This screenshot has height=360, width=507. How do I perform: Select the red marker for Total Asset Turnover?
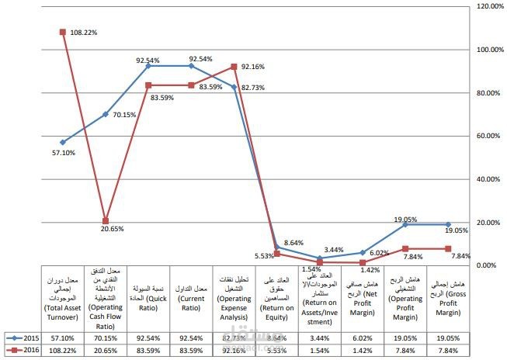[x=62, y=32]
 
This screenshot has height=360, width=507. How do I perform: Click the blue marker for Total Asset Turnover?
[x=62, y=142]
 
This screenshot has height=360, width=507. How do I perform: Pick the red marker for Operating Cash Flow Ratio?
[x=106, y=221]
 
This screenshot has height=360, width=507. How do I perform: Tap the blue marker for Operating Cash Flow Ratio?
[x=106, y=114]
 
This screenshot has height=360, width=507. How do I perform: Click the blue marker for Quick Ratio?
[x=148, y=66]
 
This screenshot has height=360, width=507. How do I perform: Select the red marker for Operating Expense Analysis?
[x=234, y=67]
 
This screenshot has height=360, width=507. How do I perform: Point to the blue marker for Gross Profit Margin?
[x=448, y=224]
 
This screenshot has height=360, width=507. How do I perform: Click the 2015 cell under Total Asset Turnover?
[x=62, y=338]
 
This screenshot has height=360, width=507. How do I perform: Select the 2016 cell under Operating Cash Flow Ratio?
[x=106, y=351]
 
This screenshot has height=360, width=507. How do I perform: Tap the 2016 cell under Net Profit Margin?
[x=363, y=351]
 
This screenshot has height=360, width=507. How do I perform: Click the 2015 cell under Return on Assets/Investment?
[x=320, y=338]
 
